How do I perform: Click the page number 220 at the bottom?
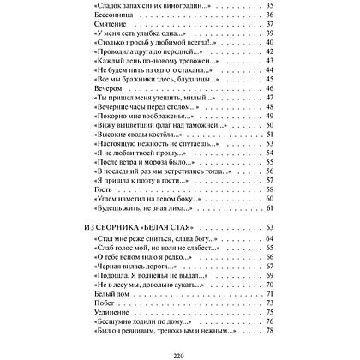coord(180,351)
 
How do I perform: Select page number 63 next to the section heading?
coord(268,225)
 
